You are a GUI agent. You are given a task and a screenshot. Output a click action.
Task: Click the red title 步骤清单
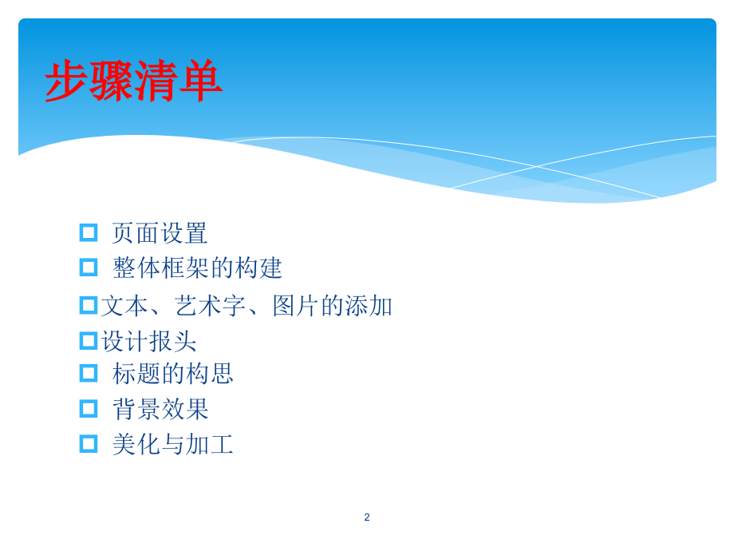click(x=133, y=81)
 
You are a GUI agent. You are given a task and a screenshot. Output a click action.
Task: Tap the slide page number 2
click(x=367, y=517)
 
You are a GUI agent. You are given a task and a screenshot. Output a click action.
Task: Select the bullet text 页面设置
click(x=160, y=233)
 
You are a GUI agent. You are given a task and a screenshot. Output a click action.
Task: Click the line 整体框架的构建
click(x=197, y=268)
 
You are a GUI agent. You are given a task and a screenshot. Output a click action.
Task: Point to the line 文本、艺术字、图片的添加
click(x=247, y=305)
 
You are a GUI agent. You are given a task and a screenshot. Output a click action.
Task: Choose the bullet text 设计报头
click(x=148, y=341)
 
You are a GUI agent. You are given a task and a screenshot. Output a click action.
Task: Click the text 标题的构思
click(x=172, y=373)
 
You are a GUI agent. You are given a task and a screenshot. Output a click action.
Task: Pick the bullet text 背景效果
click(x=160, y=409)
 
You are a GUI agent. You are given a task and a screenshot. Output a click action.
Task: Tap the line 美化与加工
click(x=172, y=444)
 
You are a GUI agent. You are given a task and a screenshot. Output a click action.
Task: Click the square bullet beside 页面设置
click(x=89, y=232)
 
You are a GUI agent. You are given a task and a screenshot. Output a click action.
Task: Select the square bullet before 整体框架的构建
click(x=89, y=268)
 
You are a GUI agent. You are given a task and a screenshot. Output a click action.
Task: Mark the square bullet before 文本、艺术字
click(x=89, y=305)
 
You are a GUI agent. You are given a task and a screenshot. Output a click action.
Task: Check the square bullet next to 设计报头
click(x=89, y=341)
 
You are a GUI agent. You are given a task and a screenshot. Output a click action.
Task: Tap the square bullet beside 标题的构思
click(x=89, y=373)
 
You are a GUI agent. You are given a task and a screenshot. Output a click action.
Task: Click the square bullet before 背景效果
click(x=89, y=409)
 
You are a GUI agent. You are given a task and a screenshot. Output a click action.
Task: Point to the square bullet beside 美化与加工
click(x=89, y=444)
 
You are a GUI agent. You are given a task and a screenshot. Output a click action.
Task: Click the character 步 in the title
click(x=66, y=81)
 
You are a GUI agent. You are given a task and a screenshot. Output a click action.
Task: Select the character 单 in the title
click(x=200, y=81)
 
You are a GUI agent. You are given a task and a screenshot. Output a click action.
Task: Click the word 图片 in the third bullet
click(x=296, y=305)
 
